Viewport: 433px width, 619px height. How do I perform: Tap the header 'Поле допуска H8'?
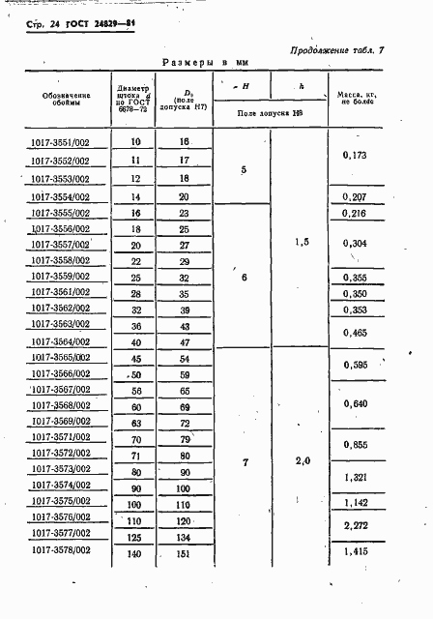pyautogui.click(x=272, y=114)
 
